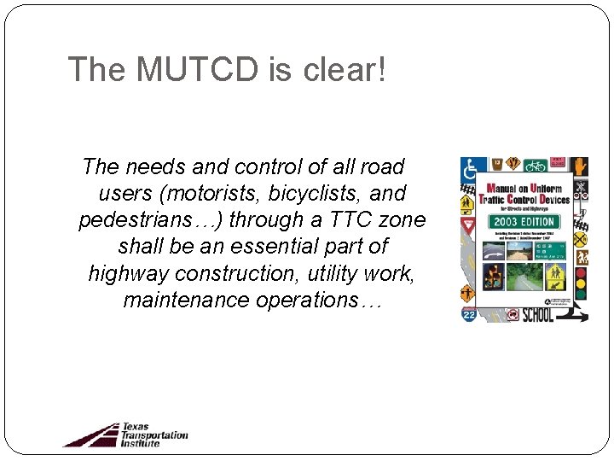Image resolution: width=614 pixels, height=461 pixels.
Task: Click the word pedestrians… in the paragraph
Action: [151, 219]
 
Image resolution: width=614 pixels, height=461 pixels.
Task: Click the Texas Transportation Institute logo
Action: [125, 434]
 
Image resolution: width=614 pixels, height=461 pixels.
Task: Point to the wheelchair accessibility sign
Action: [468, 168]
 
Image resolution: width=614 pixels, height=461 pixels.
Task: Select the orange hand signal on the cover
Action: [580, 166]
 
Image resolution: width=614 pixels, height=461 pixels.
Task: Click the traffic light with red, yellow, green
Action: [581, 282]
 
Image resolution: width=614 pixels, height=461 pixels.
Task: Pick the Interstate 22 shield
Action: [468, 313]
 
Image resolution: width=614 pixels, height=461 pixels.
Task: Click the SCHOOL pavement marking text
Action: [538, 313]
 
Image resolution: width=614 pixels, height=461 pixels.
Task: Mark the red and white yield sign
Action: [467, 226]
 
